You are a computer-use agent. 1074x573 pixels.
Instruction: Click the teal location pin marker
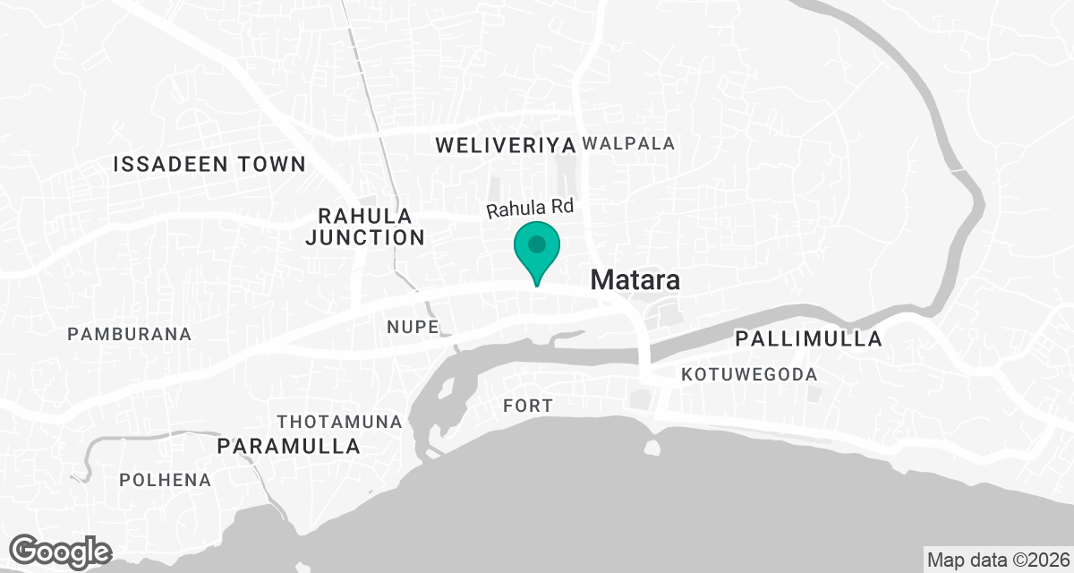[536, 252]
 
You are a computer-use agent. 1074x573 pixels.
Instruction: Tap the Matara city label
[635, 279]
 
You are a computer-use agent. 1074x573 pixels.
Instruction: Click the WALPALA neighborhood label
[628, 143]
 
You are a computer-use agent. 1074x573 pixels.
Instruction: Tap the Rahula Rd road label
[529, 209]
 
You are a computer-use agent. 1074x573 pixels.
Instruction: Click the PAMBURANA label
[130, 334]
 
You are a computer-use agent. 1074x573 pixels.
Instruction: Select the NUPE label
[413, 326]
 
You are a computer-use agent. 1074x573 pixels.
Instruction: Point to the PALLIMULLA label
[808, 339]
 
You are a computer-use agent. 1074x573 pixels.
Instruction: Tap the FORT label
[528, 406]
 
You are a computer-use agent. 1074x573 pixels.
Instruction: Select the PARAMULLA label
[290, 446]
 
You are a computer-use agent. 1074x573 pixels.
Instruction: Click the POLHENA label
[166, 480]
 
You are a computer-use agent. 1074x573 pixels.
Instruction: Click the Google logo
[60, 551]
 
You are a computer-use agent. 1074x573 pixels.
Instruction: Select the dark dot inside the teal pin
[536, 244]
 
